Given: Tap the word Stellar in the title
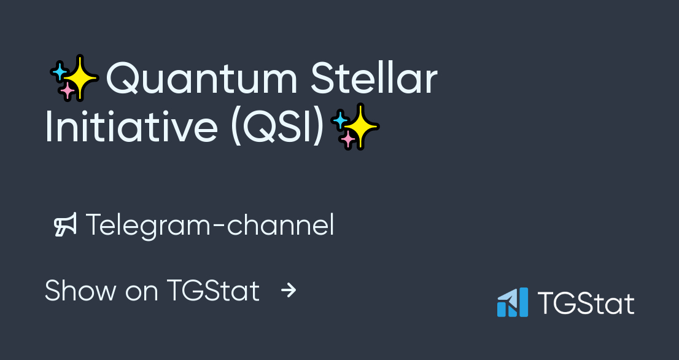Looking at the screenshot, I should tap(374, 79).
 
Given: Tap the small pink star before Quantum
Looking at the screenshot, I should tap(67, 92).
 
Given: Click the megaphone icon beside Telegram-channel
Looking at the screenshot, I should tap(65, 225).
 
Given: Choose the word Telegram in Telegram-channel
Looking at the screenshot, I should tap(147, 225).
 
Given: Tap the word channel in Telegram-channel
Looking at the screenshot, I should tap(281, 225).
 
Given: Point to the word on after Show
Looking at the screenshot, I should tap(141, 291).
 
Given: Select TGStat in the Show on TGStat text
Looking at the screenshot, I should tap(212, 291).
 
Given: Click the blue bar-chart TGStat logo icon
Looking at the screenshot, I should tap(513, 302).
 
